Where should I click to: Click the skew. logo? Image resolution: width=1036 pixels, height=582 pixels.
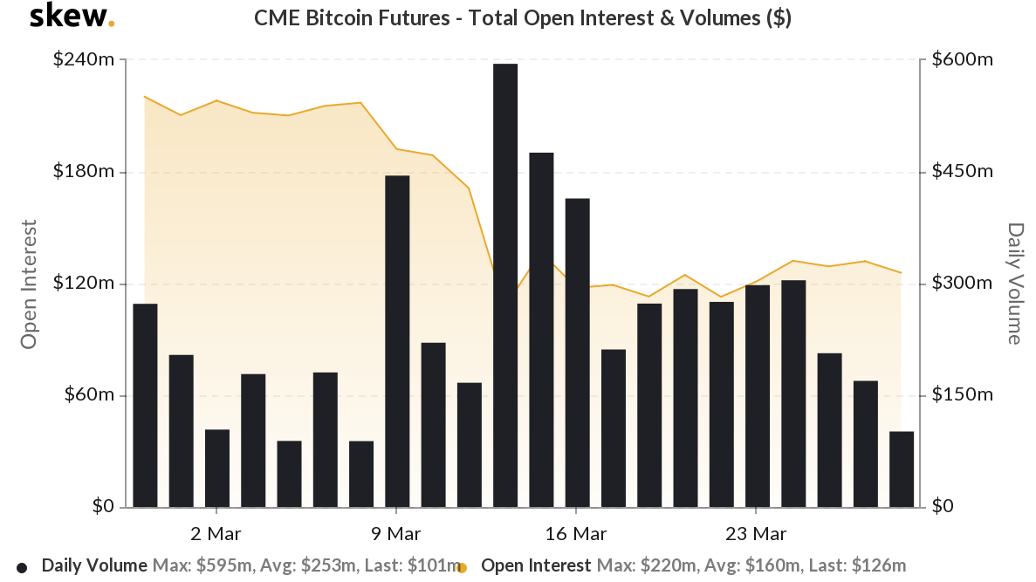72,17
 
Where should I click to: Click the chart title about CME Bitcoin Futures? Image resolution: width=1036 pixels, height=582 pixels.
522,18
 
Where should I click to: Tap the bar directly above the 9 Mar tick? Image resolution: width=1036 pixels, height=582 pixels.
397,341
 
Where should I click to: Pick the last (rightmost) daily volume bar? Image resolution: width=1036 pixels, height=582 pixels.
902,469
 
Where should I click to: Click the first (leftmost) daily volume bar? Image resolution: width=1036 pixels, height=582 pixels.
145,406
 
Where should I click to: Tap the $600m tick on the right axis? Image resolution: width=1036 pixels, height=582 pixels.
963,60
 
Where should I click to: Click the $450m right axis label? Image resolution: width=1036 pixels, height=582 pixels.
963,172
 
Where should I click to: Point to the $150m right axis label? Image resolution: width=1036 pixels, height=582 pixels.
963,395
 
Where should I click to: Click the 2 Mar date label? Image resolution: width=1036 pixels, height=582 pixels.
216,533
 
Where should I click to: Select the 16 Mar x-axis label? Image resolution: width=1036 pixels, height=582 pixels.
577,533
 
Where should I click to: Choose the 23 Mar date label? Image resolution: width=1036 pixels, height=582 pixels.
757,533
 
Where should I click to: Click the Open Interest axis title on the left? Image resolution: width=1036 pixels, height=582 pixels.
29,284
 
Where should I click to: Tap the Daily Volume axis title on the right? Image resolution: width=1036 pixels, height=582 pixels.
1014,284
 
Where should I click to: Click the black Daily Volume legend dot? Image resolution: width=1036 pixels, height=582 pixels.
22,567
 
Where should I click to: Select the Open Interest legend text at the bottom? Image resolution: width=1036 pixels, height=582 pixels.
535,565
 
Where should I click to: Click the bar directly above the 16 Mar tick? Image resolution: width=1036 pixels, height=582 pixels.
577,353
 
